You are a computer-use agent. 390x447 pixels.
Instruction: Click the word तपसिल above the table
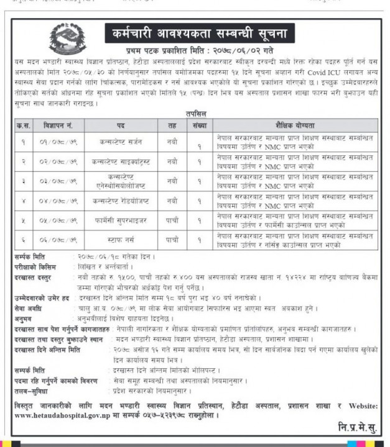point(197,115)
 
